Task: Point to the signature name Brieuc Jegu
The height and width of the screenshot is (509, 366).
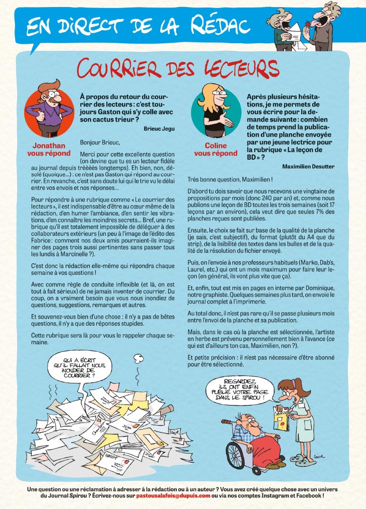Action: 159,129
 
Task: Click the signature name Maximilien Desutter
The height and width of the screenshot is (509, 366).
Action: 308,166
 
